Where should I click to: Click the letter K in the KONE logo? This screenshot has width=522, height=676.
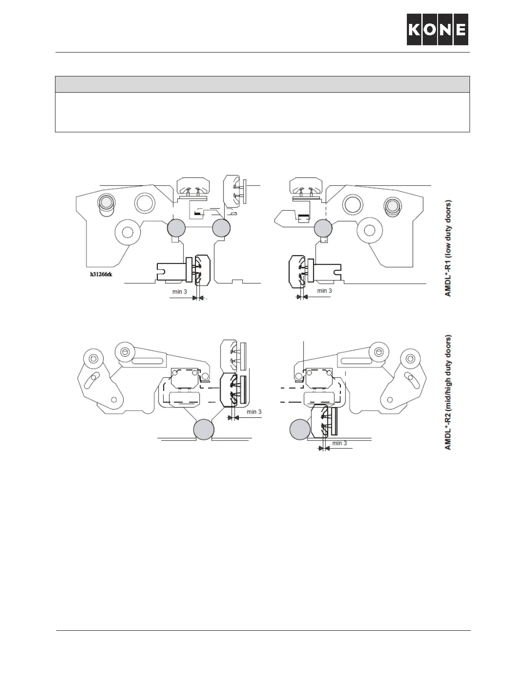tap(415, 29)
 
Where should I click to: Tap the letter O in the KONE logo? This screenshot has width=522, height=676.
tap(430, 29)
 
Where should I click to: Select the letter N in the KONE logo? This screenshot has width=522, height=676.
tap(445, 29)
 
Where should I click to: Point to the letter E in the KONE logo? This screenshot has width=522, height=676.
tap(461, 29)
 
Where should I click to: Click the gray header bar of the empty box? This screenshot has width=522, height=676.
tap(262, 84)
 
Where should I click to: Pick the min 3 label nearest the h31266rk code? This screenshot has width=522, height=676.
tap(180, 292)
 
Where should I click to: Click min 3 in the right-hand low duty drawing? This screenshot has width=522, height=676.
tap(325, 291)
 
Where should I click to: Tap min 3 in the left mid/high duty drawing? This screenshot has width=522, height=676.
tap(254, 412)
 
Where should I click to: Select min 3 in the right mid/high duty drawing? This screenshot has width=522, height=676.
tap(339, 443)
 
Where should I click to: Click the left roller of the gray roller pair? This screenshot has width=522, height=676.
tap(176, 228)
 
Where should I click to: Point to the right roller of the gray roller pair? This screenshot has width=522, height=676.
tap(221, 228)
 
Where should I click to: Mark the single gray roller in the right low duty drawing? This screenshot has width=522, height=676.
tap(323, 228)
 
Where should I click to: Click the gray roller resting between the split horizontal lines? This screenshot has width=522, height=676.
tap(203, 429)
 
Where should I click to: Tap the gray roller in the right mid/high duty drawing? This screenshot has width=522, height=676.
tap(300, 429)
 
